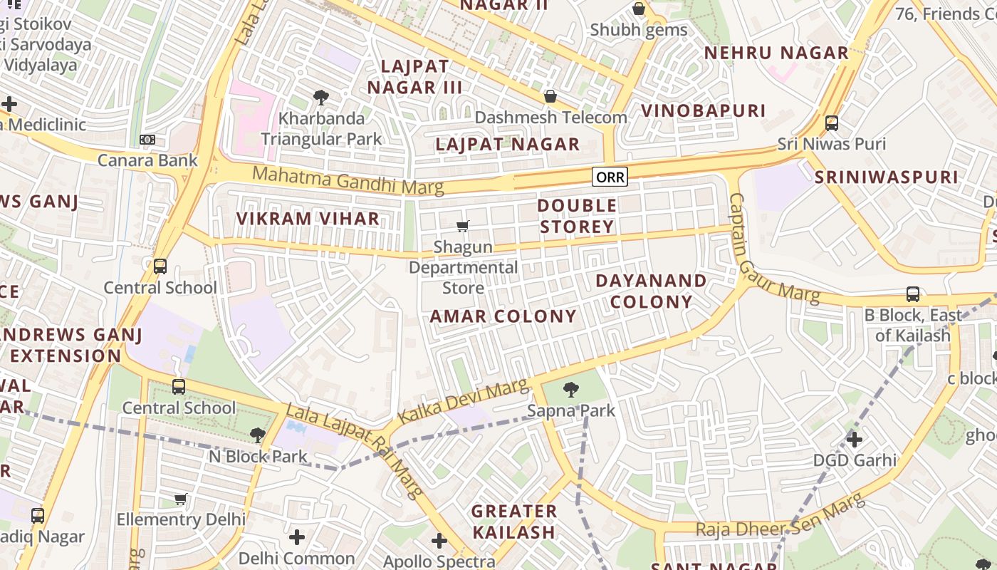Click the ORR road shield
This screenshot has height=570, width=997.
[x=610, y=177]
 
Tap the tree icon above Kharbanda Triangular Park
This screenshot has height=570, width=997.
[x=321, y=98]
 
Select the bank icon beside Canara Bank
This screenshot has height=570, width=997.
[x=147, y=140]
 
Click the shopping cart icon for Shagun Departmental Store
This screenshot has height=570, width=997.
[x=463, y=227]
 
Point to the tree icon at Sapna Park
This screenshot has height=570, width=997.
[x=570, y=390]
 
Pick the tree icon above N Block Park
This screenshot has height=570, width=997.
[x=258, y=435]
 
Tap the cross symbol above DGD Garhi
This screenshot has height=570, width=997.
[x=854, y=440]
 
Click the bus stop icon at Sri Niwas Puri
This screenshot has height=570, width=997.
[x=831, y=123]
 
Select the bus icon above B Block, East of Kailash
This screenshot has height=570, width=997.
[x=912, y=294]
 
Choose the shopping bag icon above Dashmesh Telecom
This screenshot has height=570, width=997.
[x=550, y=96]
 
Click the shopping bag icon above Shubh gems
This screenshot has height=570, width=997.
[x=639, y=9]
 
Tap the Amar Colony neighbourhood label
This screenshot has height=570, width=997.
[x=503, y=316]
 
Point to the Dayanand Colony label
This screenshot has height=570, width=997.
[x=651, y=291]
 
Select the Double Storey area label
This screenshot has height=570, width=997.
[x=577, y=216]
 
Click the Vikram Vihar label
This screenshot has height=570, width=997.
[x=308, y=219]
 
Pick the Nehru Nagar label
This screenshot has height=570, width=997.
[x=776, y=53]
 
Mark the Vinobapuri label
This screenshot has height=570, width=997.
[x=704, y=110]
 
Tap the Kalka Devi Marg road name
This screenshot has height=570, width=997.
[x=464, y=402]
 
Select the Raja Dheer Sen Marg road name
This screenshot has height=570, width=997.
[x=781, y=518]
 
